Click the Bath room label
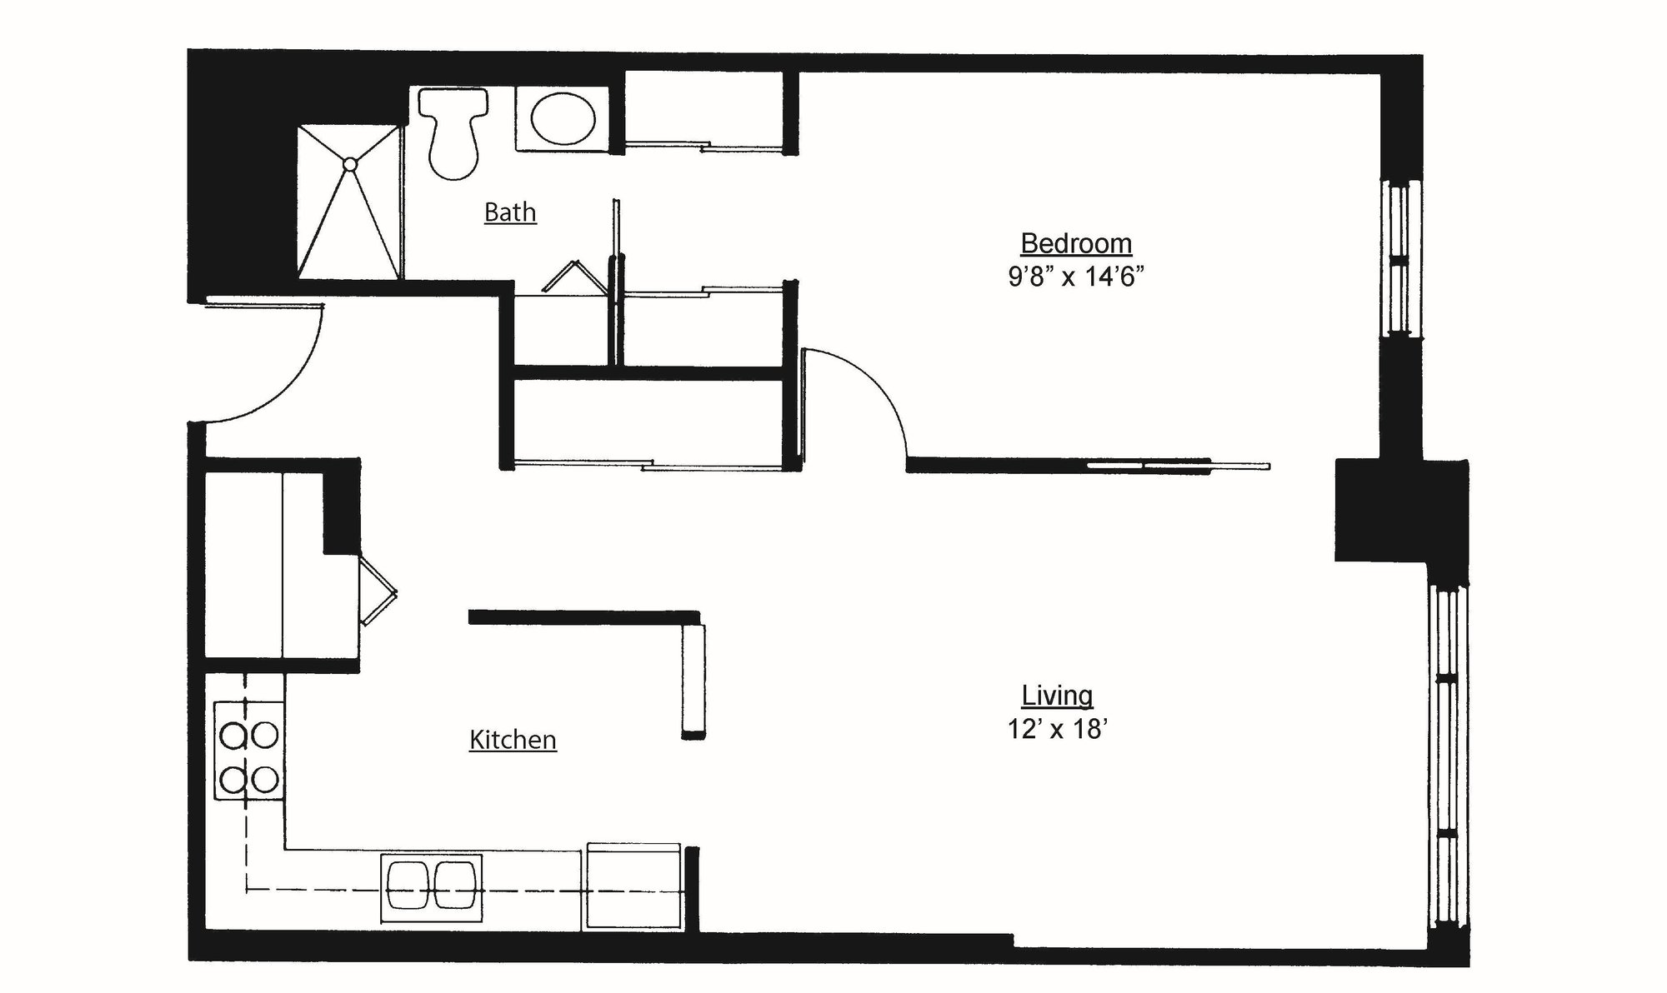pos(510,212)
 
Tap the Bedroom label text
pos(1076,243)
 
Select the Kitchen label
pos(513,740)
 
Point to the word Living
pos(1057,696)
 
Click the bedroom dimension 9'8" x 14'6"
pos(1075,277)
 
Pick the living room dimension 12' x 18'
pos(1057,730)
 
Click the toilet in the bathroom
pos(453,133)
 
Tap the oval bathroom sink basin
pos(564,120)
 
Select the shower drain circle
pos(350,164)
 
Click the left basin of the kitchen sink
pos(408,885)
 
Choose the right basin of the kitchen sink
pos(455,885)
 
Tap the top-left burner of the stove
pos(233,736)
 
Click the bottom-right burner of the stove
pos(265,781)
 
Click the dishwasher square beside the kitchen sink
pos(633,887)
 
